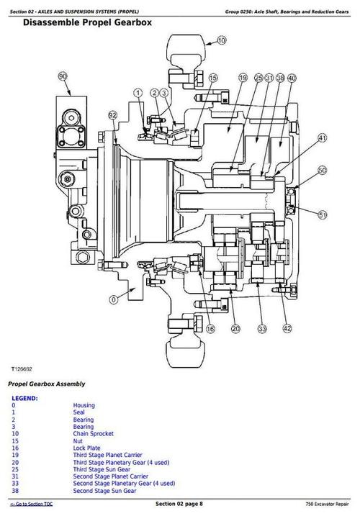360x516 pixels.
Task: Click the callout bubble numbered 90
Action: [x=63, y=76]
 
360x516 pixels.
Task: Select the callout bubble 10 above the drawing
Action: [x=221, y=42]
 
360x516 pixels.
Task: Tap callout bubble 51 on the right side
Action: [x=323, y=214]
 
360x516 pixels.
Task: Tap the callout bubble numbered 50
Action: [x=323, y=170]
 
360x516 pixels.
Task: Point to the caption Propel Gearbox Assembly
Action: [x=47, y=384]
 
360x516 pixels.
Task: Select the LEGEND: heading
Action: [x=24, y=398]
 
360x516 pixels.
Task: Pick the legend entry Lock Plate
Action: [x=88, y=448]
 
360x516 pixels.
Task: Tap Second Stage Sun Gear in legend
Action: [x=104, y=491]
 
